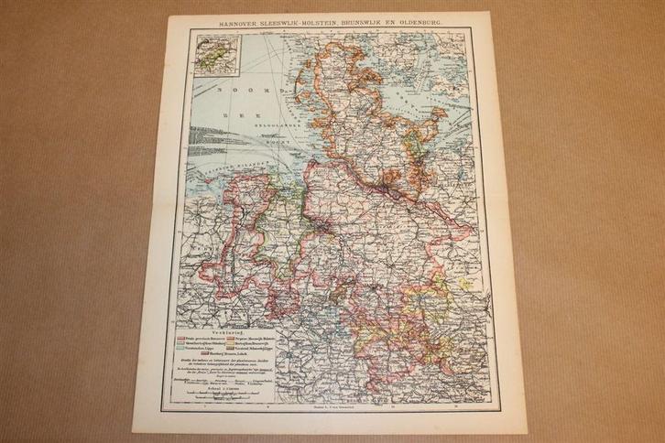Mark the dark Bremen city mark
click(x=316, y=223)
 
